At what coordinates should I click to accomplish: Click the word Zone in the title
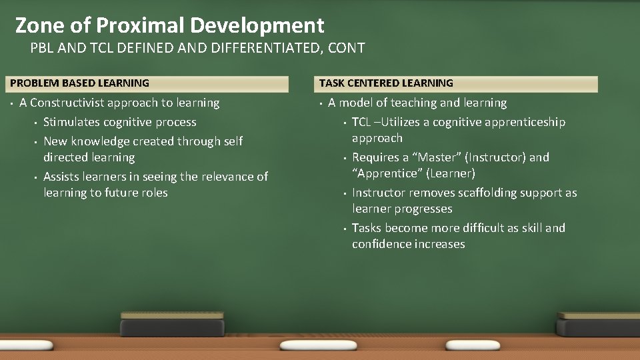click(39, 25)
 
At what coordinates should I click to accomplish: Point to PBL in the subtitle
click(43, 48)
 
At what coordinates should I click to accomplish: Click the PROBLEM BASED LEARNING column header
click(79, 83)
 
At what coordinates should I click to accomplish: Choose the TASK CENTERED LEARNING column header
click(386, 83)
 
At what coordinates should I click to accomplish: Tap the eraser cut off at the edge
click(599, 327)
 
